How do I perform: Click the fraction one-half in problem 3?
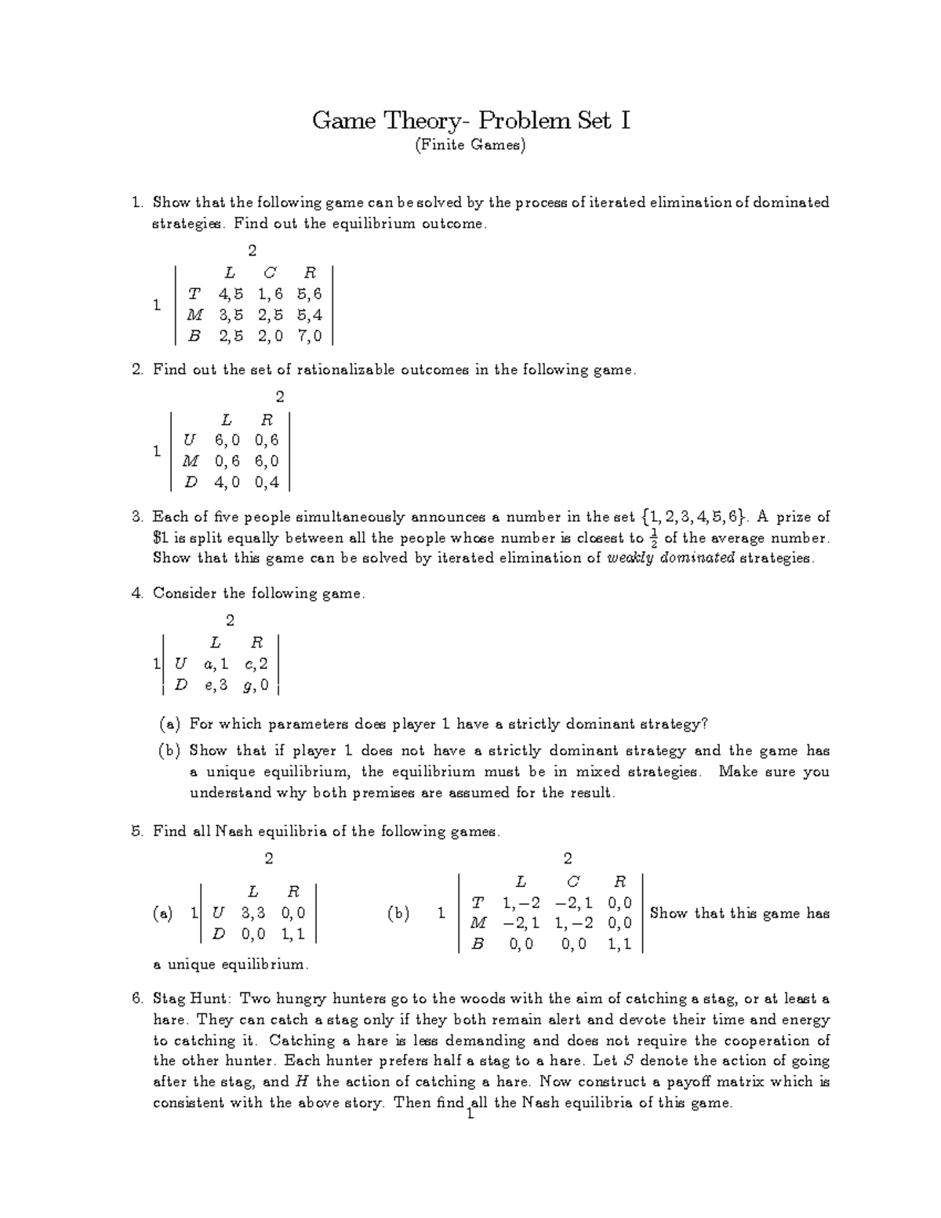[653, 539]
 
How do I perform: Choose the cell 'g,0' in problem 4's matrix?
[256, 685]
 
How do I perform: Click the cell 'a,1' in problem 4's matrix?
[216, 664]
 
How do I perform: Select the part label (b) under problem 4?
[169, 751]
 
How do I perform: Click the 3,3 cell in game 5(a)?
[253, 913]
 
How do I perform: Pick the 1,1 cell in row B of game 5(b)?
[619, 945]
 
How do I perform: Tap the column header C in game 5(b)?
[572, 882]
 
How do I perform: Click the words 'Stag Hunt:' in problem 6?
[192, 999]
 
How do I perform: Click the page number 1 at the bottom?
[470, 1114]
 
